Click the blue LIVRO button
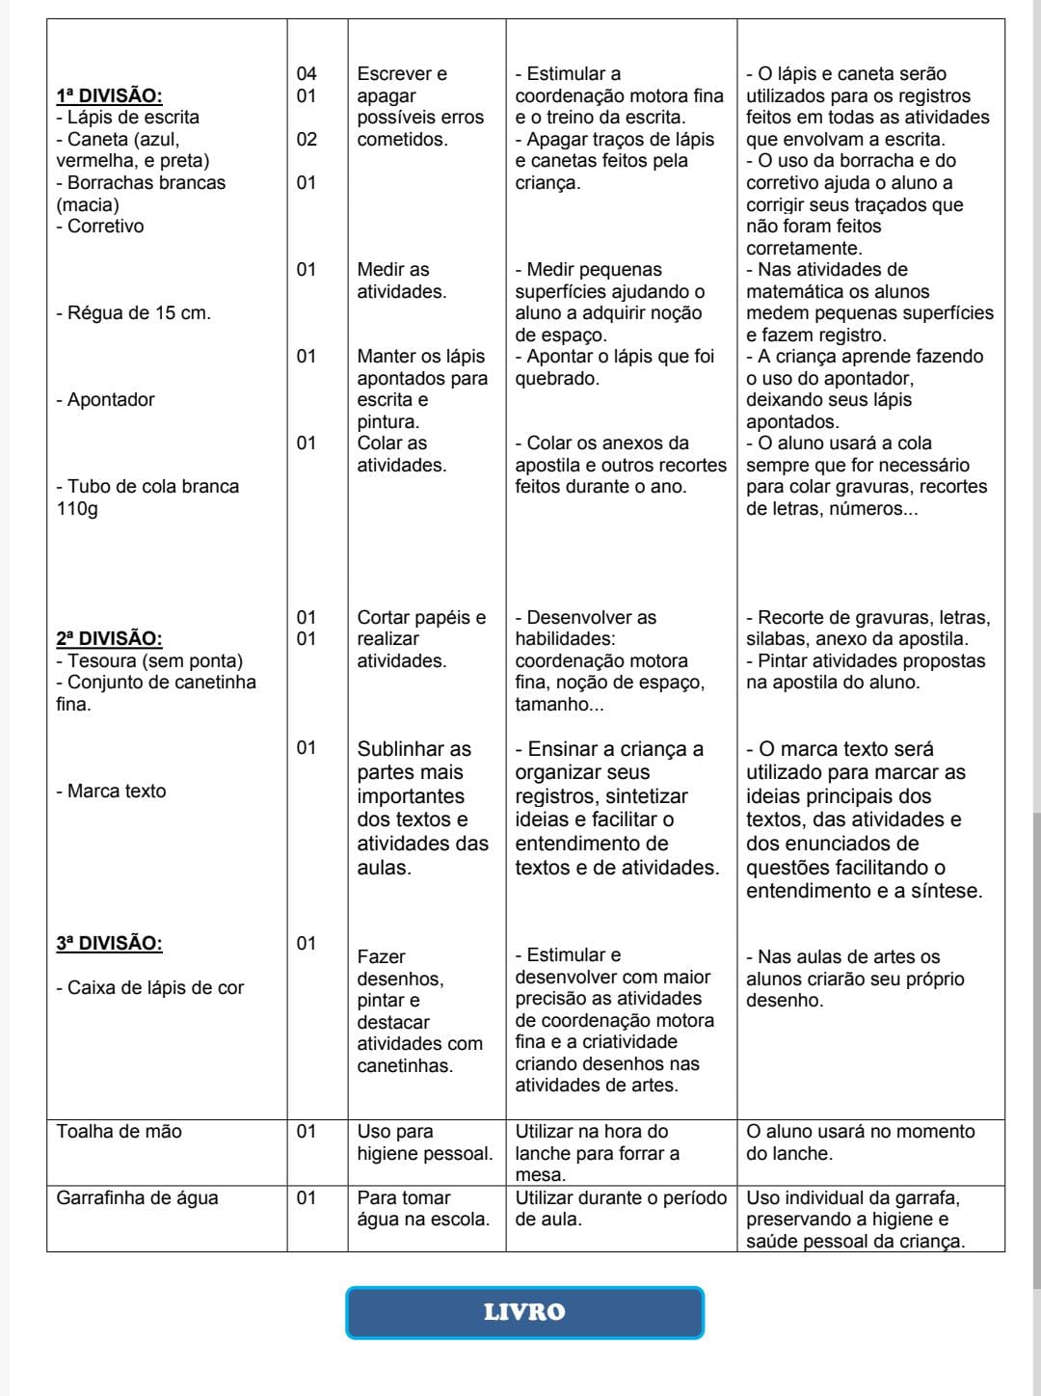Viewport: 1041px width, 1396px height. click(x=524, y=1312)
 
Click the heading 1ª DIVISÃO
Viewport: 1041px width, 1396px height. click(x=109, y=95)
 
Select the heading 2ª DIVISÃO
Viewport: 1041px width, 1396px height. click(x=109, y=638)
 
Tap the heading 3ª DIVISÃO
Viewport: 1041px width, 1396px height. click(x=109, y=943)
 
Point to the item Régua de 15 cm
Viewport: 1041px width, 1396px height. click(x=133, y=312)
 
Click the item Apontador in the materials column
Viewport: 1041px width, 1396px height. click(x=110, y=399)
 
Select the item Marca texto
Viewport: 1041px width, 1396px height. click(x=116, y=791)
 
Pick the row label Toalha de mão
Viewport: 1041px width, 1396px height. click(x=119, y=1131)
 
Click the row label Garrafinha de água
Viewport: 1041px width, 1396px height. click(x=137, y=1197)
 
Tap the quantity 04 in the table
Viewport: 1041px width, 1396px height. click(x=307, y=73)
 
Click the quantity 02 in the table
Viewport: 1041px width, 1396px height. click(x=307, y=139)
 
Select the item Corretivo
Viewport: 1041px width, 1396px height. click(x=105, y=226)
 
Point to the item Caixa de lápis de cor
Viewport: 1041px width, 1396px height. click(x=154, y=987)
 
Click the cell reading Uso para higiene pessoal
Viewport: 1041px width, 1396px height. click(x=424, y=1142)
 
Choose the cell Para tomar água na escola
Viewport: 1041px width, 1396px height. click(x=423, y=1208)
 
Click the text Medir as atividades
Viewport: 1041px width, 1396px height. click(x=402, y=281)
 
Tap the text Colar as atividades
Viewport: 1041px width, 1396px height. click(x=402, y=454)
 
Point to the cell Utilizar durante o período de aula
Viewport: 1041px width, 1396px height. click(x=621, y=1208)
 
